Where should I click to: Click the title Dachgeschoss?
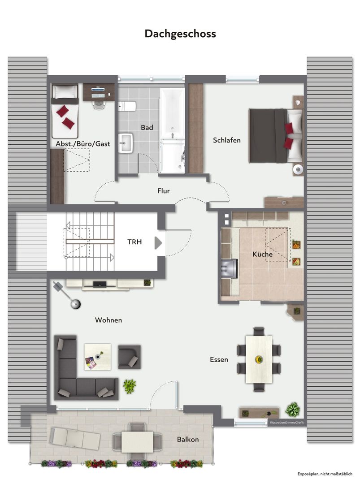tap(180, 34)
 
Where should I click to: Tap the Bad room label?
tap(147, 127)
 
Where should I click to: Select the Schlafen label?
tap(226, 140)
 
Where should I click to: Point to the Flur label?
tap(163, 191)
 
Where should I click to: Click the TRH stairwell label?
tap(134, 242)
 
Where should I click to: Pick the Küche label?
tap(262, 255)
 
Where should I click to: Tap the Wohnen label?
tap(108, 320)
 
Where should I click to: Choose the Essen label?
tap(219, 359)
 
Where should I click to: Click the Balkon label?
tap(188, 440)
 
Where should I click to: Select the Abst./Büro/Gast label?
tap(83, 144)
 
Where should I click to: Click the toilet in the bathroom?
tap(127, 107)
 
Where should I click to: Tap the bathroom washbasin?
tap(126, 143)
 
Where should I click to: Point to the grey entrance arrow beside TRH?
tap(158, 243)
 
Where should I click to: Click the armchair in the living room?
tap(130, 357)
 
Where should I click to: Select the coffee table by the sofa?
tap(98, 357)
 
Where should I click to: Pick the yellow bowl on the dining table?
tap(259, 359)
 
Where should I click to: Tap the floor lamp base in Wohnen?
tap(76, 304)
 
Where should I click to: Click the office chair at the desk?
tap(99, 103)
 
